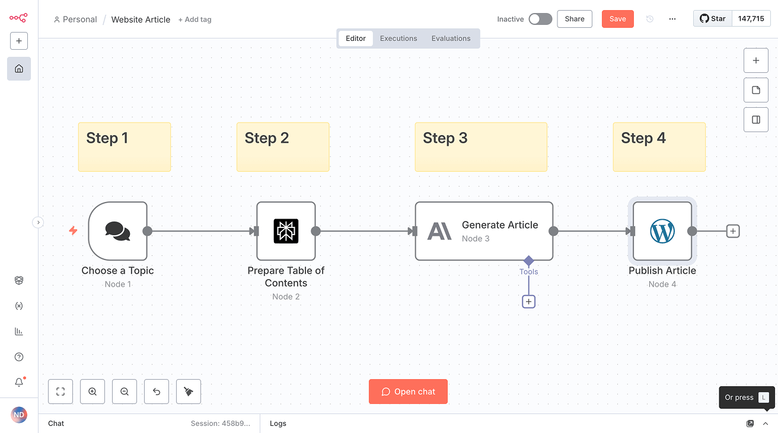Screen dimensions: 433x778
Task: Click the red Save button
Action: point(617,19)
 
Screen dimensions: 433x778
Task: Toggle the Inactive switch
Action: point(540,19)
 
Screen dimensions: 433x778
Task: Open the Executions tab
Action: point(398,39)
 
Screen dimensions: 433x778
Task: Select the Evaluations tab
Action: point(451,39)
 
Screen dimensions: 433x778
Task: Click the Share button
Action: point(575,19)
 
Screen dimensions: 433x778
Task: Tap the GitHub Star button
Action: point(713,19)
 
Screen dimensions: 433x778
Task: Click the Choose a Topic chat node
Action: point(117,231)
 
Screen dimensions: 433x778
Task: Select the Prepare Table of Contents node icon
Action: point(286,231)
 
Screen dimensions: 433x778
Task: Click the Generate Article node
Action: point(484,231)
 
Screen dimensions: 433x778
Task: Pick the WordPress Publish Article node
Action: point(662,231)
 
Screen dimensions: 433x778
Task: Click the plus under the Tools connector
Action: point(528,302)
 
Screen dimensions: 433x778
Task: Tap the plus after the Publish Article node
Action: point(733,231)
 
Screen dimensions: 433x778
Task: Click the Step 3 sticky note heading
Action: point(445,138)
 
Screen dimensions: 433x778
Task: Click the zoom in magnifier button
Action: point(93,392)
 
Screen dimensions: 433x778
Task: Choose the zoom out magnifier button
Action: point(125,392)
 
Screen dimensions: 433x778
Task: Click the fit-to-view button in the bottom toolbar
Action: point(60,392)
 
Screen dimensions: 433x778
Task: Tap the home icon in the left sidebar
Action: point(19,69)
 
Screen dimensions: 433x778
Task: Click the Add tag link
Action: point(195,20)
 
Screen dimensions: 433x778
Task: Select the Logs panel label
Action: point(278,424)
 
